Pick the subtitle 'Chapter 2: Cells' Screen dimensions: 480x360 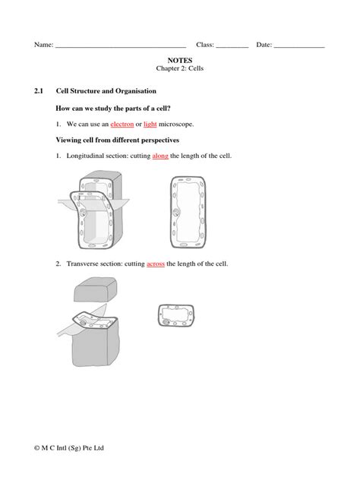(x=180, y=68)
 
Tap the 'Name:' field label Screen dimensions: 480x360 (x=43, y=45)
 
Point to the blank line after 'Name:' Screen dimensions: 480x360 (x=121, y=46)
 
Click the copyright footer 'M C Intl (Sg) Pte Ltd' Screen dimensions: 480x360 (x=73, y=448)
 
